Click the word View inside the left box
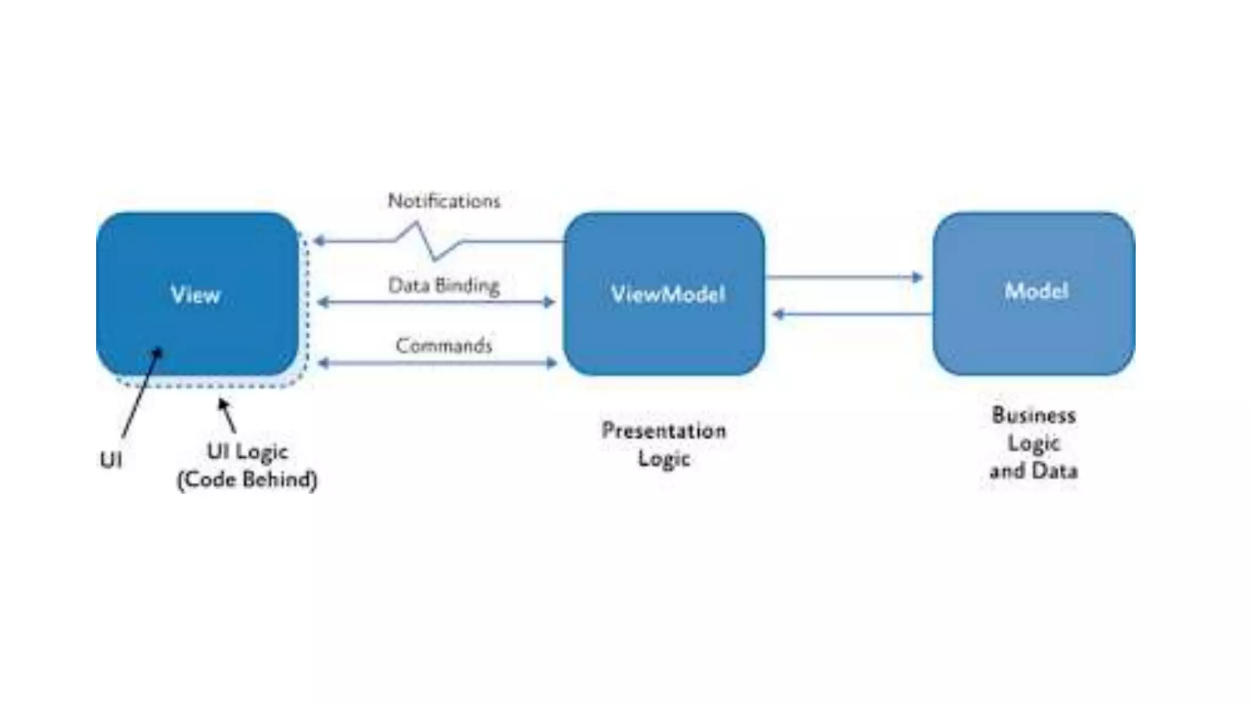tap(195, 295)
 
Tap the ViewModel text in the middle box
tap(668, 295)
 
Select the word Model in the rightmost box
tap(1036, 291)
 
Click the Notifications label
tap(444, 201)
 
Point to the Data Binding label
tap(444, 285)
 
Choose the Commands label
tap(444, 346)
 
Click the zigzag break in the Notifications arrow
tap(428, 241)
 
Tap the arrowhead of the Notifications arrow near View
tap(318, 241)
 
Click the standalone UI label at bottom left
tap(111, 460)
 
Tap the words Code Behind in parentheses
tap(247, 480)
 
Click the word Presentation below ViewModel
tap(664, 431)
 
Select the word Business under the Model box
tap(1034, 416)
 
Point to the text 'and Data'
tap(1034, 471)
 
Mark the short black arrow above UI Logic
tap(227, 414)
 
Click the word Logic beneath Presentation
tap(664, 458)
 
